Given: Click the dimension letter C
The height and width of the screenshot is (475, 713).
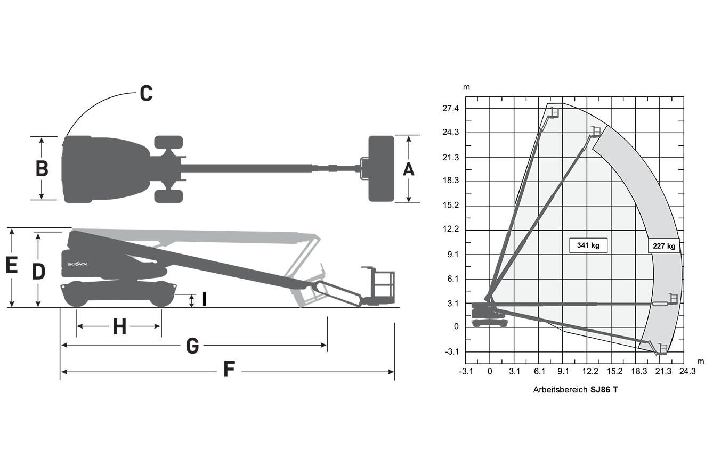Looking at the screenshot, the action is [147, 93].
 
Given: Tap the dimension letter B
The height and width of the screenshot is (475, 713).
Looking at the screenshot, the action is [42, 168].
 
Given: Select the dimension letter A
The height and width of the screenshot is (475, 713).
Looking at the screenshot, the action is [409, 169].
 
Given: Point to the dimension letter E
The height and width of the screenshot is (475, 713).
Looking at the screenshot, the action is [12, 266].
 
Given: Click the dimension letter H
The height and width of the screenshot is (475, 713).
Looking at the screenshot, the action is [120, 327].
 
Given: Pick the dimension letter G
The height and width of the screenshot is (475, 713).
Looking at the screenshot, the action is [192, 346].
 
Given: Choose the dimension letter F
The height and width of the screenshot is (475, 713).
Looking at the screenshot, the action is [229, 368].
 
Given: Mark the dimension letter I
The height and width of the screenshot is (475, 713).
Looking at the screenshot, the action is [204, 299].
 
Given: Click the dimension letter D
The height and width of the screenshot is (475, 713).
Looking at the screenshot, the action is [39, 272].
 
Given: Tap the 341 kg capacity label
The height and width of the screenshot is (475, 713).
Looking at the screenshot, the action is [588, 245].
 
